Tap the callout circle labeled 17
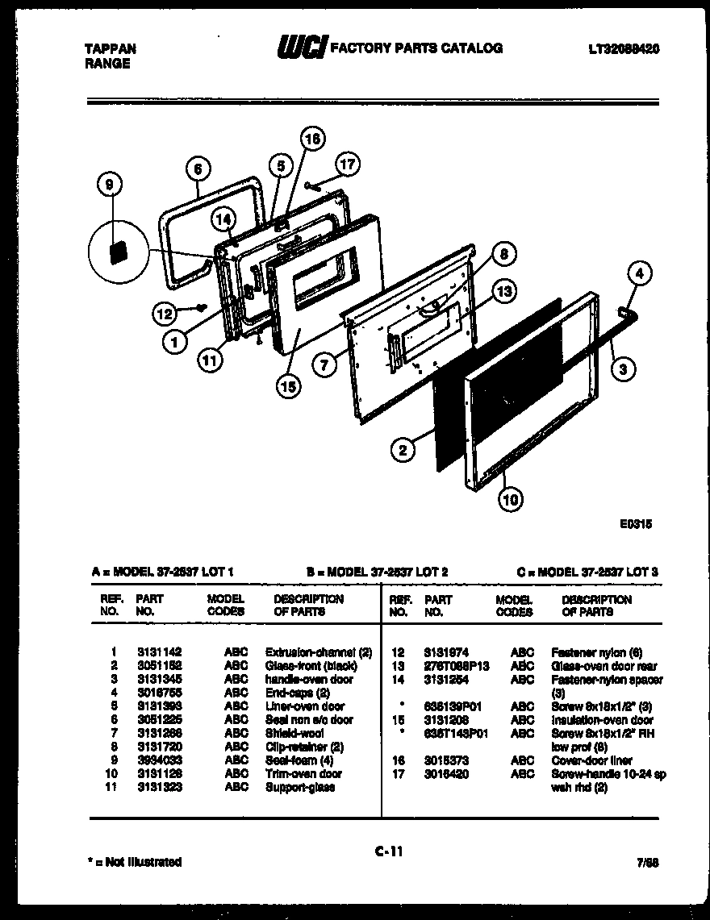tap(346, 164)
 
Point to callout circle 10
tap(510, 500)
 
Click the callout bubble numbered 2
tap(402, 449)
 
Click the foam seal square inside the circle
tap(119, 251)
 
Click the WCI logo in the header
tap(301, 49)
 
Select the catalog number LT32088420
tap(624, 48)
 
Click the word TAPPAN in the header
tap(111, 48)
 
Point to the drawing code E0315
tap(635, 524)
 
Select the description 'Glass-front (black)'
tap(311, 665)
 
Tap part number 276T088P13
tap(456, 666)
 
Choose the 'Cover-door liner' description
tap(591, 760)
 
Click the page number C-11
tap(388, 850)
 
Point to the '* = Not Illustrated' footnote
tap(133, 862)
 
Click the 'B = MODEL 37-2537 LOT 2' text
tap(377, 572)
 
